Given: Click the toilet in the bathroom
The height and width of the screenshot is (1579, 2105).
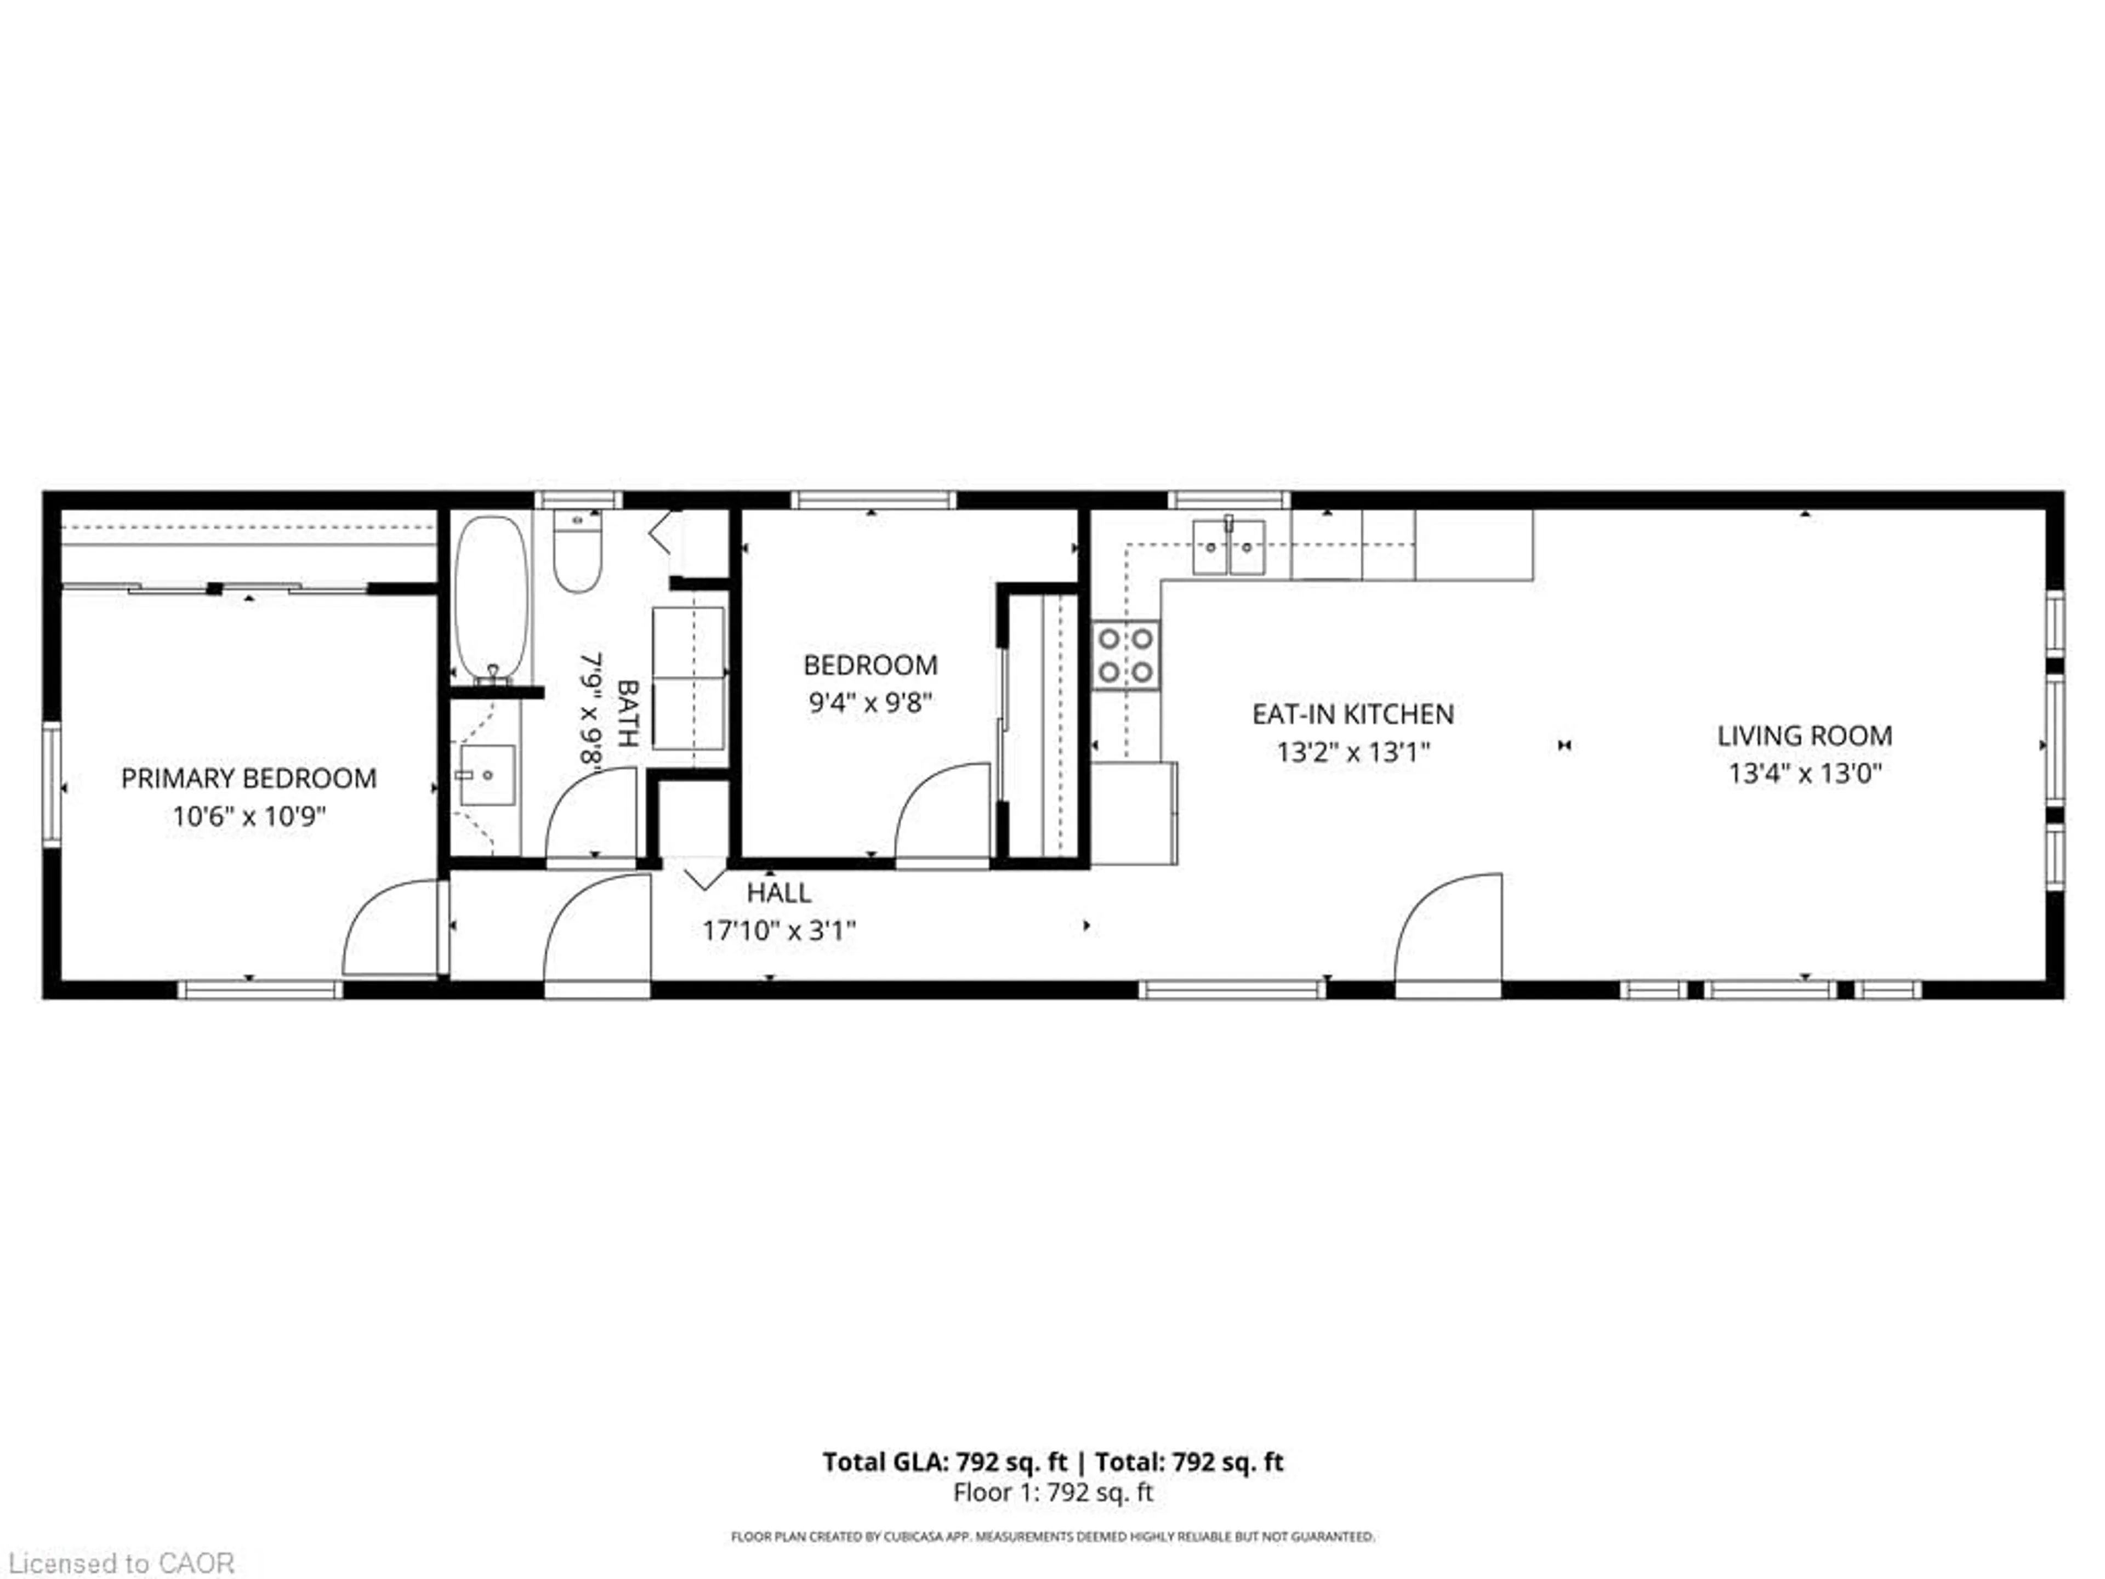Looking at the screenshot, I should point(578,552).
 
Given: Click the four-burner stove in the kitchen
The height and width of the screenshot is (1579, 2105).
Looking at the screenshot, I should point(1126,656).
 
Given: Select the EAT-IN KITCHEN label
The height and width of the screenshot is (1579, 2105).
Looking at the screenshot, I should point(1352,714).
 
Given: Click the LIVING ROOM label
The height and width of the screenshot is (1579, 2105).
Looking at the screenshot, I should point(1804,736).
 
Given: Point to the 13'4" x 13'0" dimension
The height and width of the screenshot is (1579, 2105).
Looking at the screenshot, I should point(1804,774).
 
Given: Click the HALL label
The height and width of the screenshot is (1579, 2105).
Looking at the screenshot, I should point(778,893).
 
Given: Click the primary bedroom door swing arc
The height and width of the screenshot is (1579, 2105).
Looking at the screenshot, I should point(390,928).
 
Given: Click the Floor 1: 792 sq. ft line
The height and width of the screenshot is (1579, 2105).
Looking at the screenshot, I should point(1052,1492).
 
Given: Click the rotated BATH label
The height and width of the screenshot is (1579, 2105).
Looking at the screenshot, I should point(628,713).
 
